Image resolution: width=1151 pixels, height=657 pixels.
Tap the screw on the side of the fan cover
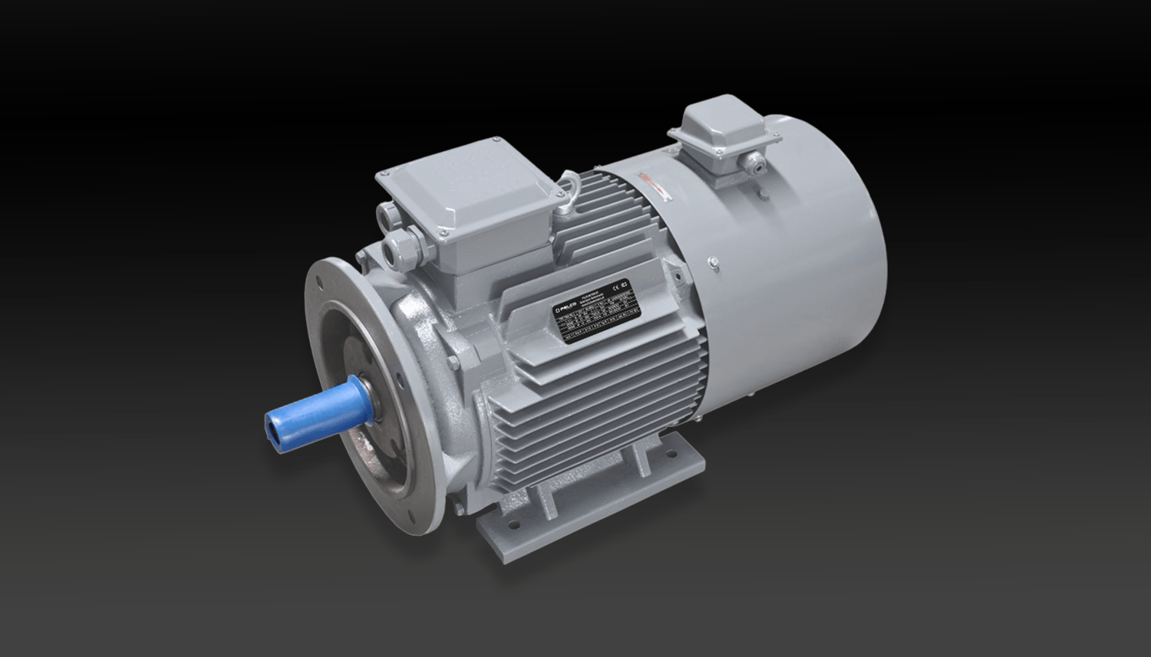click(x=714, y=264)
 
